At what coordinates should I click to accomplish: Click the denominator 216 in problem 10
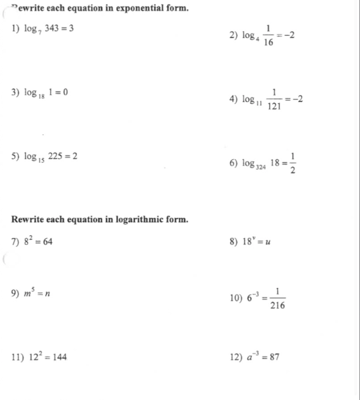pyautogui.click(x=277, y=305)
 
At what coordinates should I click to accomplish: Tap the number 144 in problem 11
pyautogui.click(x=58, y=358)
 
